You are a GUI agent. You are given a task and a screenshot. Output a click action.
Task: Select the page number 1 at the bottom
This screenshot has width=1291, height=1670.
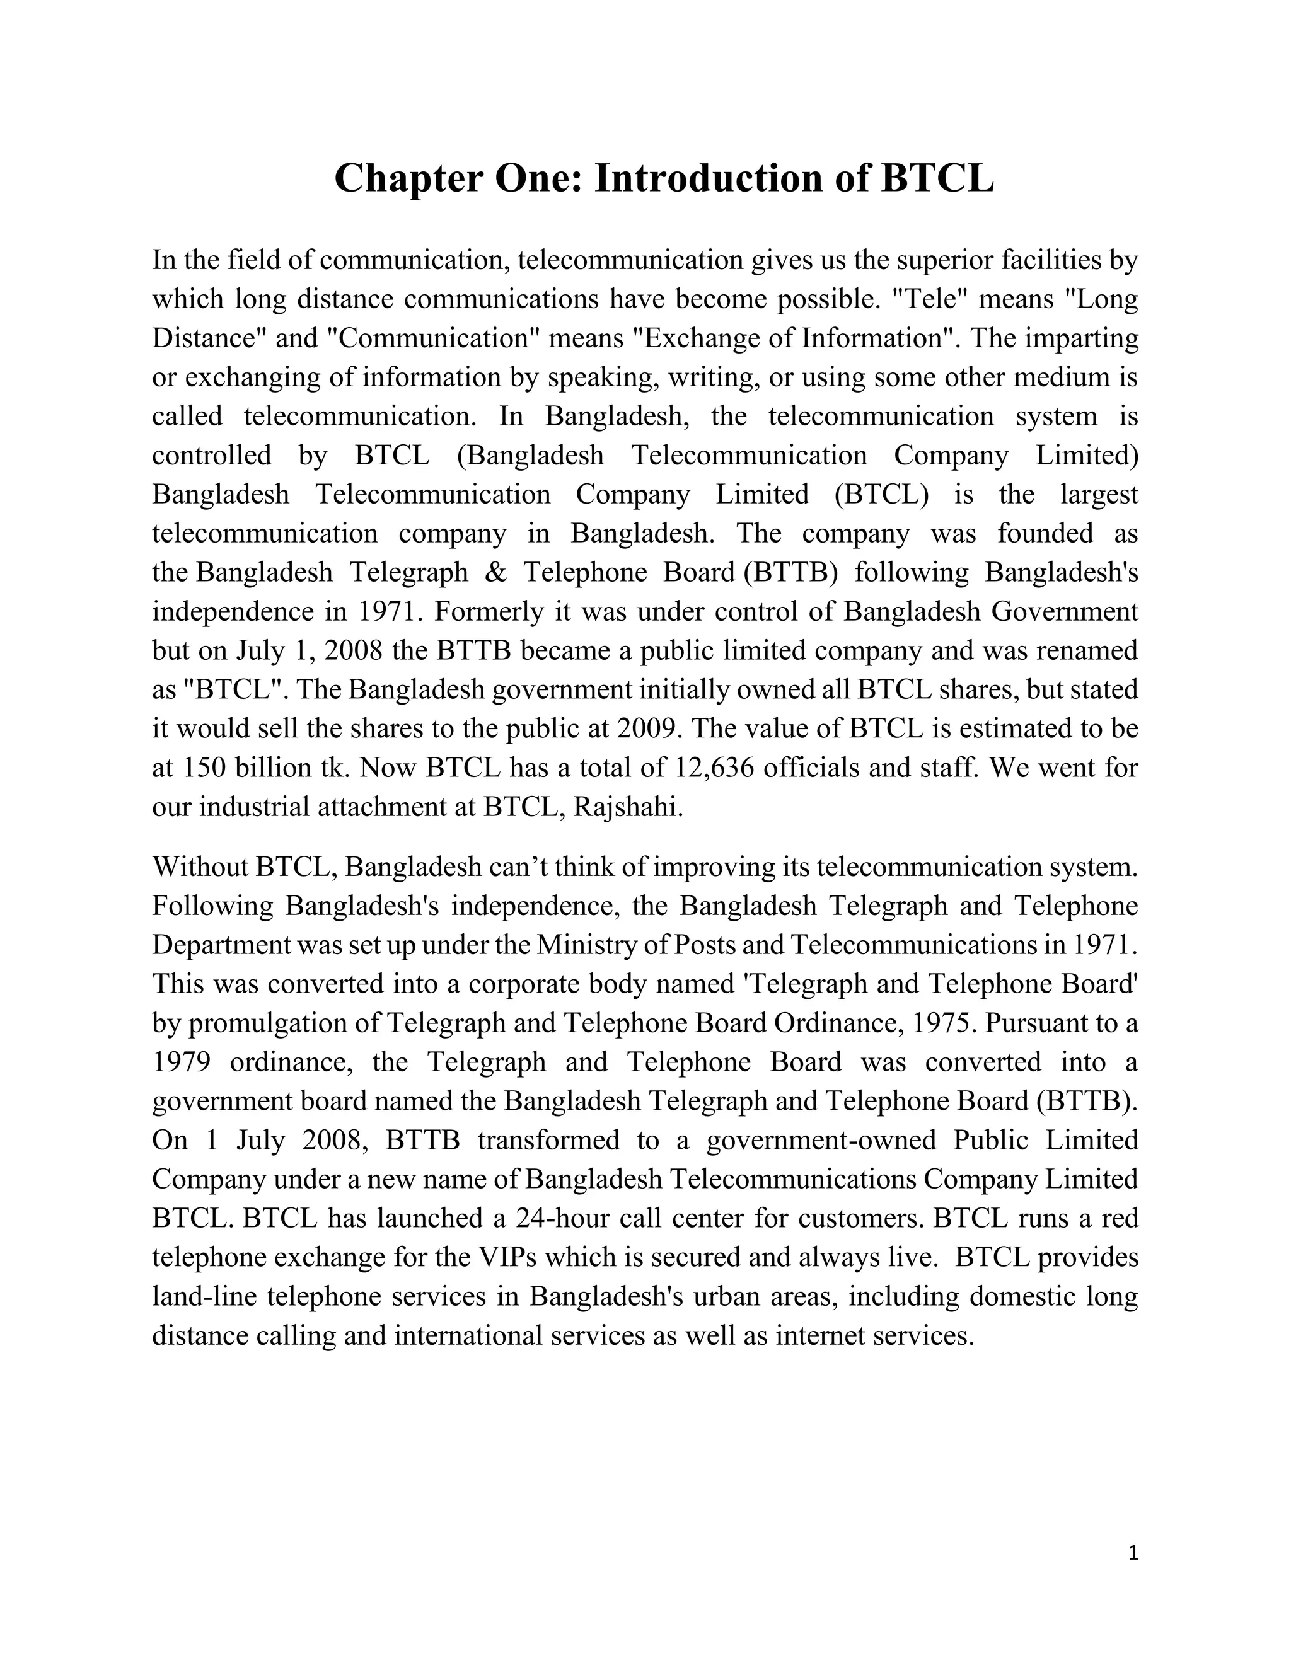(1133, 1553)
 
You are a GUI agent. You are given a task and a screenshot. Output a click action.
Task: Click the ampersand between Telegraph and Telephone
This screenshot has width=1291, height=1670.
(495, 573)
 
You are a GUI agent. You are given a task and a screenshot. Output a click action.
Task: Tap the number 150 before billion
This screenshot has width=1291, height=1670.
(204, 768)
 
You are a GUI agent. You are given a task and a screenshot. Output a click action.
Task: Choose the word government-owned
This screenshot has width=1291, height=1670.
(821, 1140)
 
